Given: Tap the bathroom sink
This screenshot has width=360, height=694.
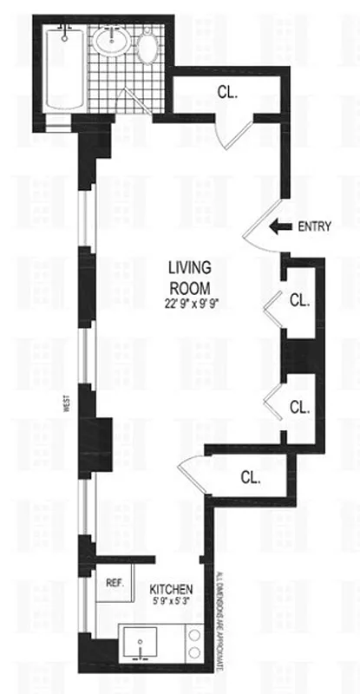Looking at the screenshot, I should tap(111, 40).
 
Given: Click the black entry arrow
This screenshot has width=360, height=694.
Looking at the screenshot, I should tap(279, 227).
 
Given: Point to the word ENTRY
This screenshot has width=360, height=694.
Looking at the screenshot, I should tap(315, 227).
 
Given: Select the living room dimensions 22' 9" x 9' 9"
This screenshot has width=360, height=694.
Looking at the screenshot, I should tap(191, 304).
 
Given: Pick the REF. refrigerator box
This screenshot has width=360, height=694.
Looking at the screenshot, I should tap(114, 584).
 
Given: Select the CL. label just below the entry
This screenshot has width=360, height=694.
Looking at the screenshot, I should tap(299, 301).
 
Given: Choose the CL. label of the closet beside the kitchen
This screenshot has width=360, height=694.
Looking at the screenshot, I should tap(251, 476).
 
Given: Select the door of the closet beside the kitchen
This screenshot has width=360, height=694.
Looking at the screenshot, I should tap(193, 474).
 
